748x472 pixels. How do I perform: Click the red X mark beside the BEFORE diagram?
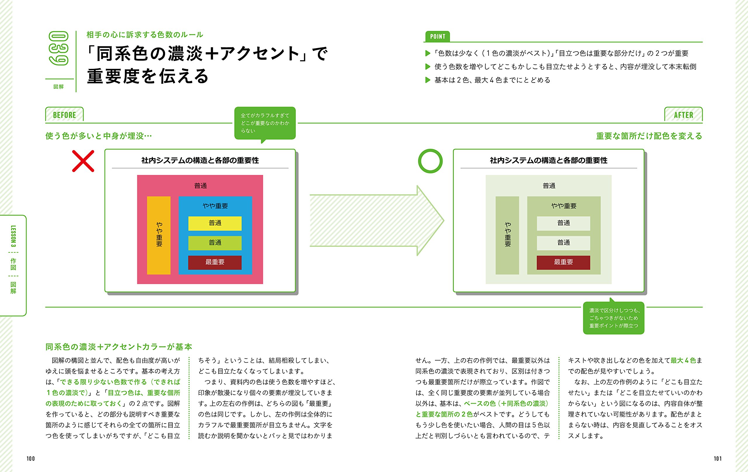[x=83, y=161]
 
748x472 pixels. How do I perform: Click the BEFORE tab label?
[x=64, y=115]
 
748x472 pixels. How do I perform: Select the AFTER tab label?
[x=683, y=115]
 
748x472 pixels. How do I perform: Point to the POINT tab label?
[x=437, y=36]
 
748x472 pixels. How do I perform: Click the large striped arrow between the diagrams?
[x=377, y=221]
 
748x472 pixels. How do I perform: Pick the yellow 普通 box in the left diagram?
[x=215, y=223]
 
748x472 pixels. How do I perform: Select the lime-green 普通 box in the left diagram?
[x=215, y=243]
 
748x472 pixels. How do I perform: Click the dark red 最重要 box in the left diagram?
[x=215, y=262]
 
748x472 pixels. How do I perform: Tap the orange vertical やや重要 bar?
[x=159, y=235]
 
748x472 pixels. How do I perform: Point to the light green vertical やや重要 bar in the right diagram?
[x=507, y=235]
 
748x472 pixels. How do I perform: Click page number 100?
[x=31, y=459]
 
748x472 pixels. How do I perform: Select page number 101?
[x=718, y=459]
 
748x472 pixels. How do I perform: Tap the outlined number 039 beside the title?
[x=59, y=48]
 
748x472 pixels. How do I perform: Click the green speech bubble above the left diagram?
[x=265, y=123]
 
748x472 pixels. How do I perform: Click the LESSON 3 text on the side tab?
[x=13, y=236]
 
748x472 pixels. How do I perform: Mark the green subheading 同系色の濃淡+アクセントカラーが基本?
[x=119, y=347]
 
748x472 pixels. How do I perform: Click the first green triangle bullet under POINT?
[x=428, y=53]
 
